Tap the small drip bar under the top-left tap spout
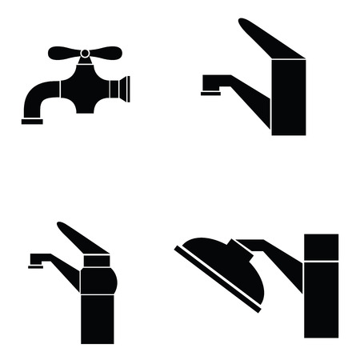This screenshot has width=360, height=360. [33, 121]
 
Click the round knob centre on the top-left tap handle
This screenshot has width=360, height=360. [85, 54]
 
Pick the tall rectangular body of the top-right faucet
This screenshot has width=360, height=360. [289, 96]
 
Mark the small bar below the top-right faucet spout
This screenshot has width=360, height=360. [210, 93]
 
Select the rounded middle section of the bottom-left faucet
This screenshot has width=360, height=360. [98, 279]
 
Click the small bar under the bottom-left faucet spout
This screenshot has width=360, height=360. [35, 266]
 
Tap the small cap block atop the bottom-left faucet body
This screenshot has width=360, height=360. [96, 260]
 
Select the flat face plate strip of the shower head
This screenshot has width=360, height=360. [217, 280]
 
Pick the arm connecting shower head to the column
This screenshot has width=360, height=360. [276, 260]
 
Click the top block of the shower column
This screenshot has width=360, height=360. [321, 246]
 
